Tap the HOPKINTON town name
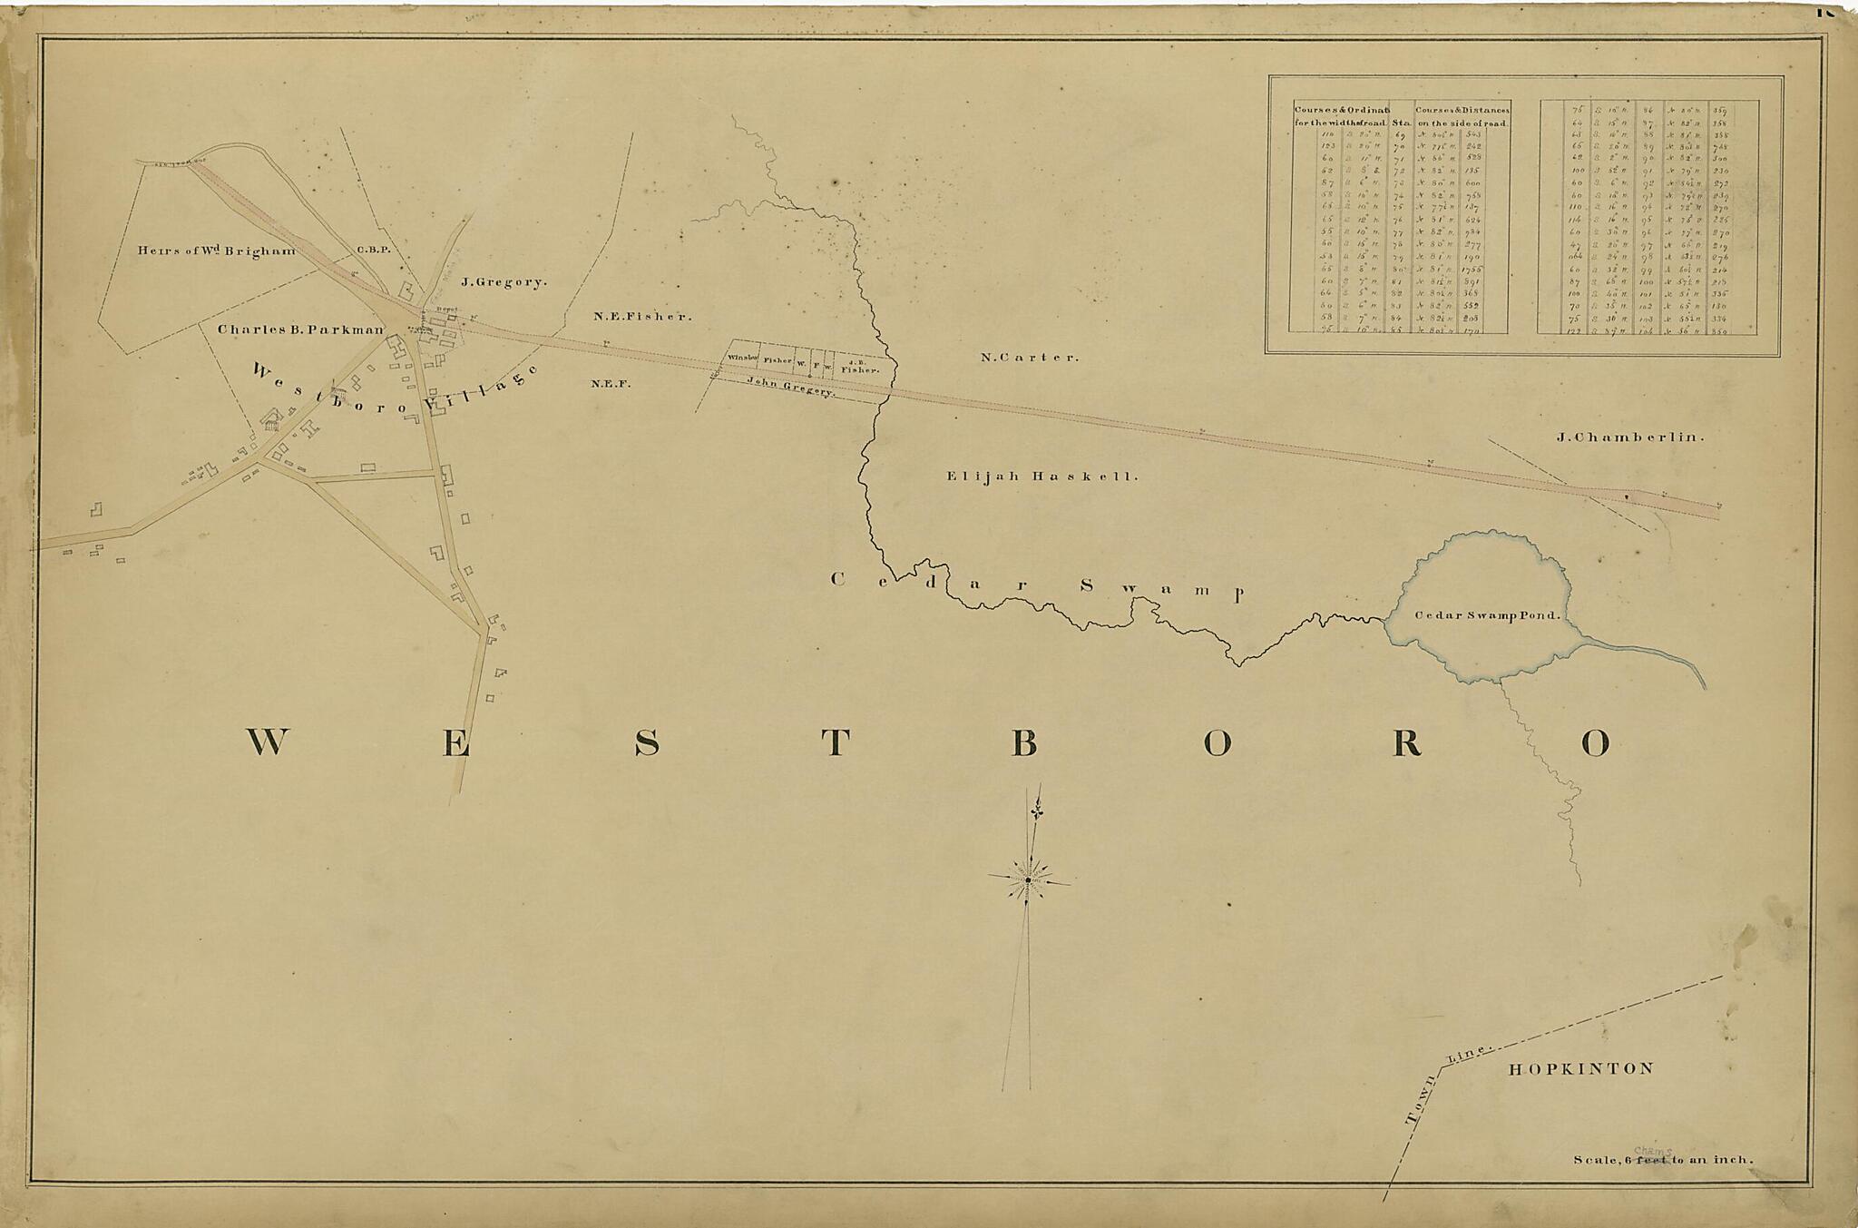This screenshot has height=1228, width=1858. pyautogui.click(x=1580, y=1069)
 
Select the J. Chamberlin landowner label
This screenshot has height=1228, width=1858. pyautogui.click(x=1630, y=437)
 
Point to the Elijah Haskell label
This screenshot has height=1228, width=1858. pyautogui.click(x=1041, y=476)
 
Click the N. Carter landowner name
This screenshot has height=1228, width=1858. pyautogui.click(x=1029, y=358)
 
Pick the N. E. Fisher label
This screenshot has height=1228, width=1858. pyautogui.click(x=642, y=317)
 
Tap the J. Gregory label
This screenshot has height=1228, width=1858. pyautogui.click(x=503, y=282)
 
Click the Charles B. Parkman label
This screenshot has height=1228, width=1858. pyautogui.click(x=300, y=329)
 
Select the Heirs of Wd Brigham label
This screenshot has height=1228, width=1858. pyautogui.click(x=217, y=251)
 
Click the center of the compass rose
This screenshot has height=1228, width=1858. pyautogui.click(x=1028, y=879)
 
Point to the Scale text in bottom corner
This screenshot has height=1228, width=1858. pyautogui.click(x=1663, y=1159)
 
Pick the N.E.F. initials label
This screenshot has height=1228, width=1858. pyautogui.click(x=610, y=384)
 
